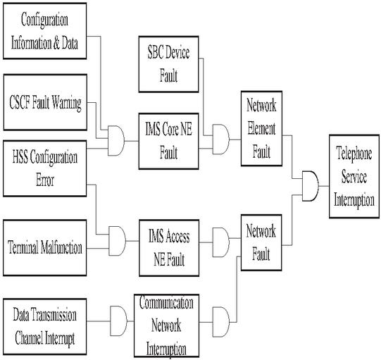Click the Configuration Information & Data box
(44, 31)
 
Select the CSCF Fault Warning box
(45, 102)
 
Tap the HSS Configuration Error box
(44, 168)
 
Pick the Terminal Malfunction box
(44, 248)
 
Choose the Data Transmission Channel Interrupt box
(44, 326)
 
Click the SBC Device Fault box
(168, 64)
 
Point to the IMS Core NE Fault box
(168, 141)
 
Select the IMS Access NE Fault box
(169, 248)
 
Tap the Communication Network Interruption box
(167, 325)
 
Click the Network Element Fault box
(261, 129)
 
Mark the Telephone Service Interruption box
(354, 176)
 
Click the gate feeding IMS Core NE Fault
(116, 140)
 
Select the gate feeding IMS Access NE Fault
(117, 241)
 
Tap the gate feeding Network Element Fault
(221, 139)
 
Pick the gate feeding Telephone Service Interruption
(311, 186)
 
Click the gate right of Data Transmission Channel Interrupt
(118, 321)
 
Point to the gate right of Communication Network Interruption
(221, 322)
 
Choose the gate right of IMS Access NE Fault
(221, 242)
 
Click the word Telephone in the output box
(354, 154)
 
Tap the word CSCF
(20, 102)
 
